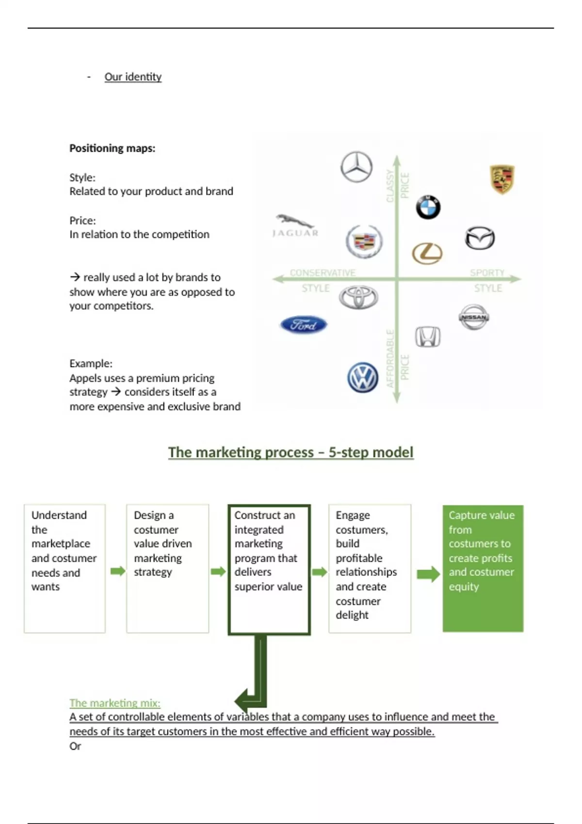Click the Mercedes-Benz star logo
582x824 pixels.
pos(356,167)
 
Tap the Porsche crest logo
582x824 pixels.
pos(502,179)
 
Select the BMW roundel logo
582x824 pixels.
pos(428,207)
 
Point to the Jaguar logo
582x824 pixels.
pos(295,226)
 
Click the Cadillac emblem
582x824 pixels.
pos(364,241)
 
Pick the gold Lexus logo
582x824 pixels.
pos(427,253)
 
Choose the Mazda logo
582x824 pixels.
pos(480,238)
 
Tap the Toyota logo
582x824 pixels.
pos(358,297)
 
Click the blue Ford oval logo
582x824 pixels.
pos(304,325)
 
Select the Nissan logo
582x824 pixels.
pos(473,317)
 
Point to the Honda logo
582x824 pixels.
pos(428,336)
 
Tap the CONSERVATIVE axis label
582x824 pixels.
pos(323,273)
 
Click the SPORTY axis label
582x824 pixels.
pos(487,273)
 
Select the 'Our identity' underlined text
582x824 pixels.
pos(133,77)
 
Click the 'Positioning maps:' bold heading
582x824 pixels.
pos(113,148)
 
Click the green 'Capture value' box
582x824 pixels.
pos(483,568)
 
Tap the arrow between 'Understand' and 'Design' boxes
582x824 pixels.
pos(117,571)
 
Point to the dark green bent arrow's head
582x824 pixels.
pos(242,701)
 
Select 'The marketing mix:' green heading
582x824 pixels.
pos(115,703)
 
